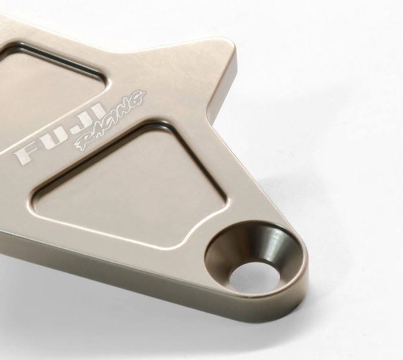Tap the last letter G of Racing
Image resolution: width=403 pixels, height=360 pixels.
[138, 99]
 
